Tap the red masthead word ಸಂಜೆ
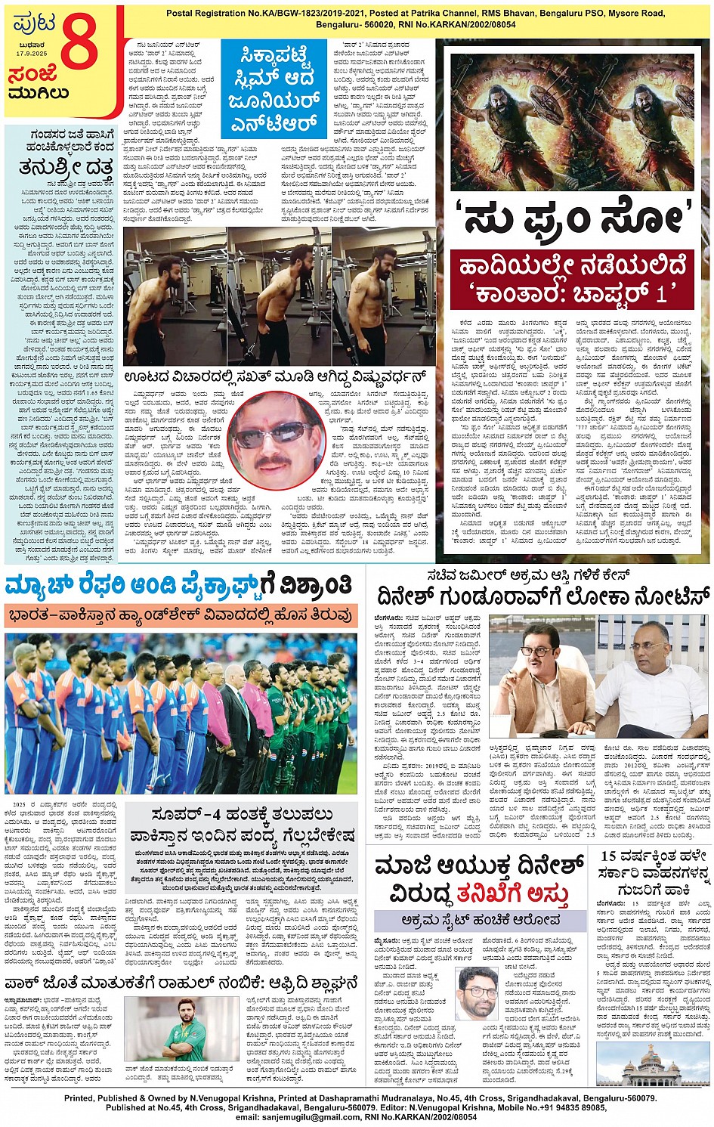point(32,75)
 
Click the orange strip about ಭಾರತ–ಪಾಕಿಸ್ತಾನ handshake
point(180,615)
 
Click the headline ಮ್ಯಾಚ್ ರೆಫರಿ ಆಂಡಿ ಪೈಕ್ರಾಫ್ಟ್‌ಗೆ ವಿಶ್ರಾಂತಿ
point(180,585)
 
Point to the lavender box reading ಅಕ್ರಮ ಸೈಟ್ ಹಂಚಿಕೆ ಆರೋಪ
point(481,920)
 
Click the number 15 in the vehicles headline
point(610,856)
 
